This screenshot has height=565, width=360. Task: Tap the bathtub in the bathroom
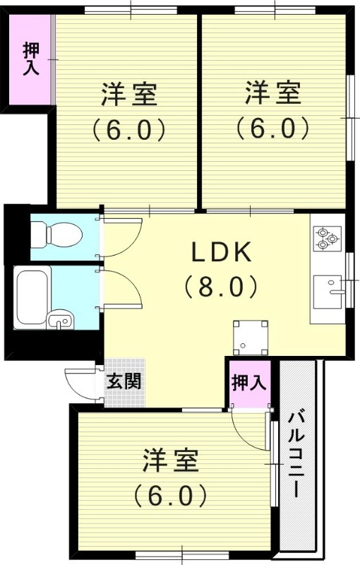pyautogui.click(x=32, y=290)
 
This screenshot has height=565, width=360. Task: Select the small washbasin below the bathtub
pyautogui.click(x=59, y=322)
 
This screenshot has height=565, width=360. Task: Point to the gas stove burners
pyautogui.click(x=328, y=237)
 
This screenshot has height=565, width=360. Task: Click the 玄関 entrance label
pyautogui.click(x=124, y=381)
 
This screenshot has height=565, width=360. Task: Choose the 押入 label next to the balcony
pyautogui.click(x=248, y=382)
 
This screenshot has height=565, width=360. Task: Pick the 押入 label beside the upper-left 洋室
pyautogui.click(x=30, y=61)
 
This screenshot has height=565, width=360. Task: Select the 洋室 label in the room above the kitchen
pyautogui.click(x=273, y=93)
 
